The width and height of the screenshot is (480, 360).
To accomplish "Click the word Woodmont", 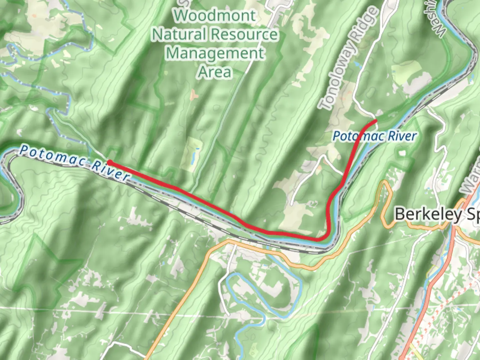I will point(215,16).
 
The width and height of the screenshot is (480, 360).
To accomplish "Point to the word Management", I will point(215,53).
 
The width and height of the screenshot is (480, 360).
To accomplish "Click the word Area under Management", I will point(215,72).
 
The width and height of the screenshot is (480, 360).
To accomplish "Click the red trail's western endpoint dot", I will point(109,163).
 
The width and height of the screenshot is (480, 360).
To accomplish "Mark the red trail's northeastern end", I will point(376,121).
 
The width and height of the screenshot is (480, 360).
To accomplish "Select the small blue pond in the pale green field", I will point(193,155).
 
